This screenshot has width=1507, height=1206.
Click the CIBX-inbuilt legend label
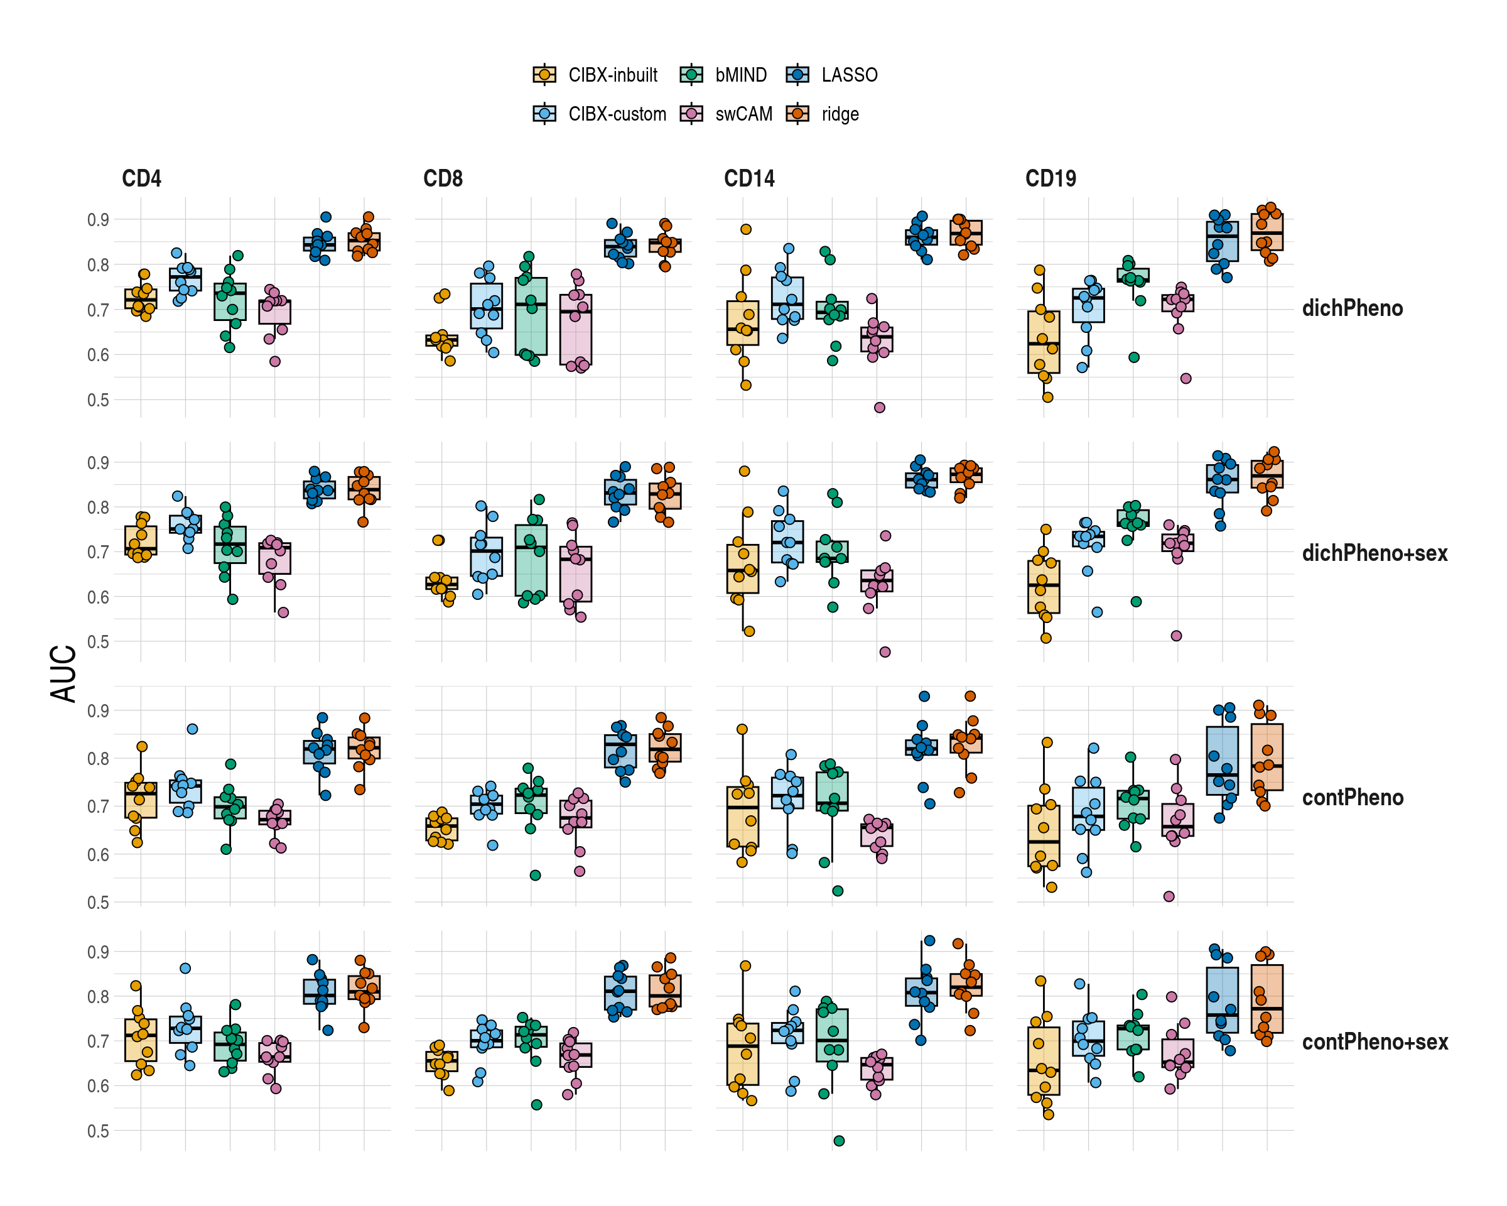pos(612,75)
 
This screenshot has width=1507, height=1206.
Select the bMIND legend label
pos(740,75)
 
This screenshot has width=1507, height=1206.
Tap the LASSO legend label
pos(850,75)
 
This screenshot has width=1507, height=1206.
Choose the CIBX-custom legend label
pos(617,114)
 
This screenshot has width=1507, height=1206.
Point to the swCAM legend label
pos(743,114)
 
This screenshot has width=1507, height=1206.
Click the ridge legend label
pos(840,114)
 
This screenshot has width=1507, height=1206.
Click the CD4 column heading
pos(141,179)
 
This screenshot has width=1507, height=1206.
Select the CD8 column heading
pos(443,179)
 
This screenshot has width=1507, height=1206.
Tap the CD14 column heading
pos(748,179)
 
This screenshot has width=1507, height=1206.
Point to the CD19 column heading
pos(1050,179)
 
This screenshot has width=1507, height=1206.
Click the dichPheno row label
pos(1352,308)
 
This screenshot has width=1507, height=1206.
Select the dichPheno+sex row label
pos(1374,553)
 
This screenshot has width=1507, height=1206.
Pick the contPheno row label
pos(1352,798)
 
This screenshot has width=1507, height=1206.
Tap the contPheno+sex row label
pos(1374,1041)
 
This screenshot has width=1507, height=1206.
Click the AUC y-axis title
pos(63,673)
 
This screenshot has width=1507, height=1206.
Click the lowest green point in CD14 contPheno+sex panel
pos(839,1141)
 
